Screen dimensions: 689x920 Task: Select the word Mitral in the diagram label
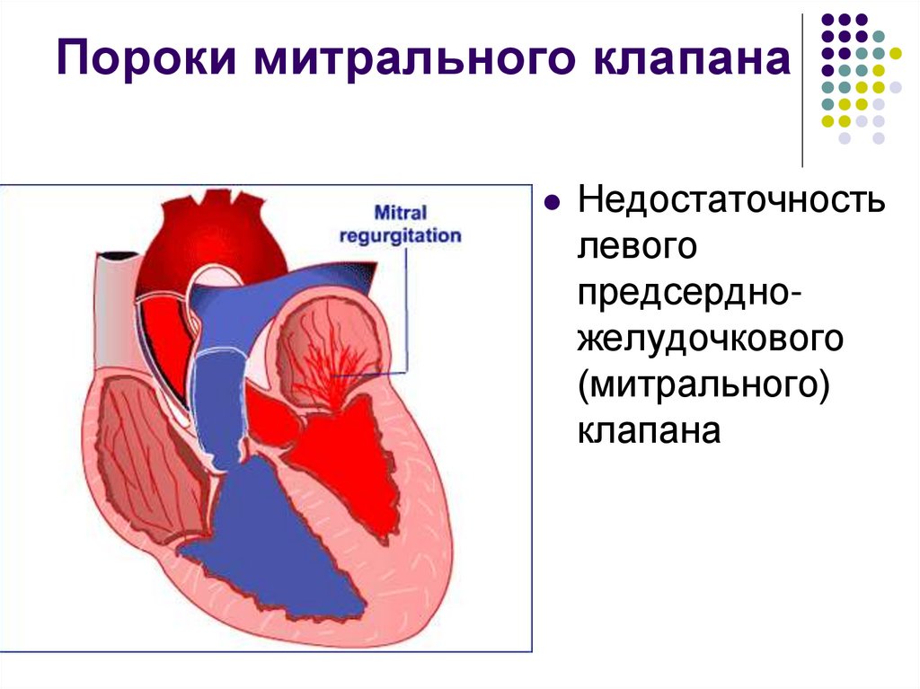[x=401, y=214]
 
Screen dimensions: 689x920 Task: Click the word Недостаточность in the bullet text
[x=731, y=200]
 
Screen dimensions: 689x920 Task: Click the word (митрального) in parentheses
[x=703, y=384]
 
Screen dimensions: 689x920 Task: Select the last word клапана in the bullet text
[x=650, y=430]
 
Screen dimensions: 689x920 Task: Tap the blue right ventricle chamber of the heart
[x=270, y=539]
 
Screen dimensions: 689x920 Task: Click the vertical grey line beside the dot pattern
[x=802, y=90]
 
